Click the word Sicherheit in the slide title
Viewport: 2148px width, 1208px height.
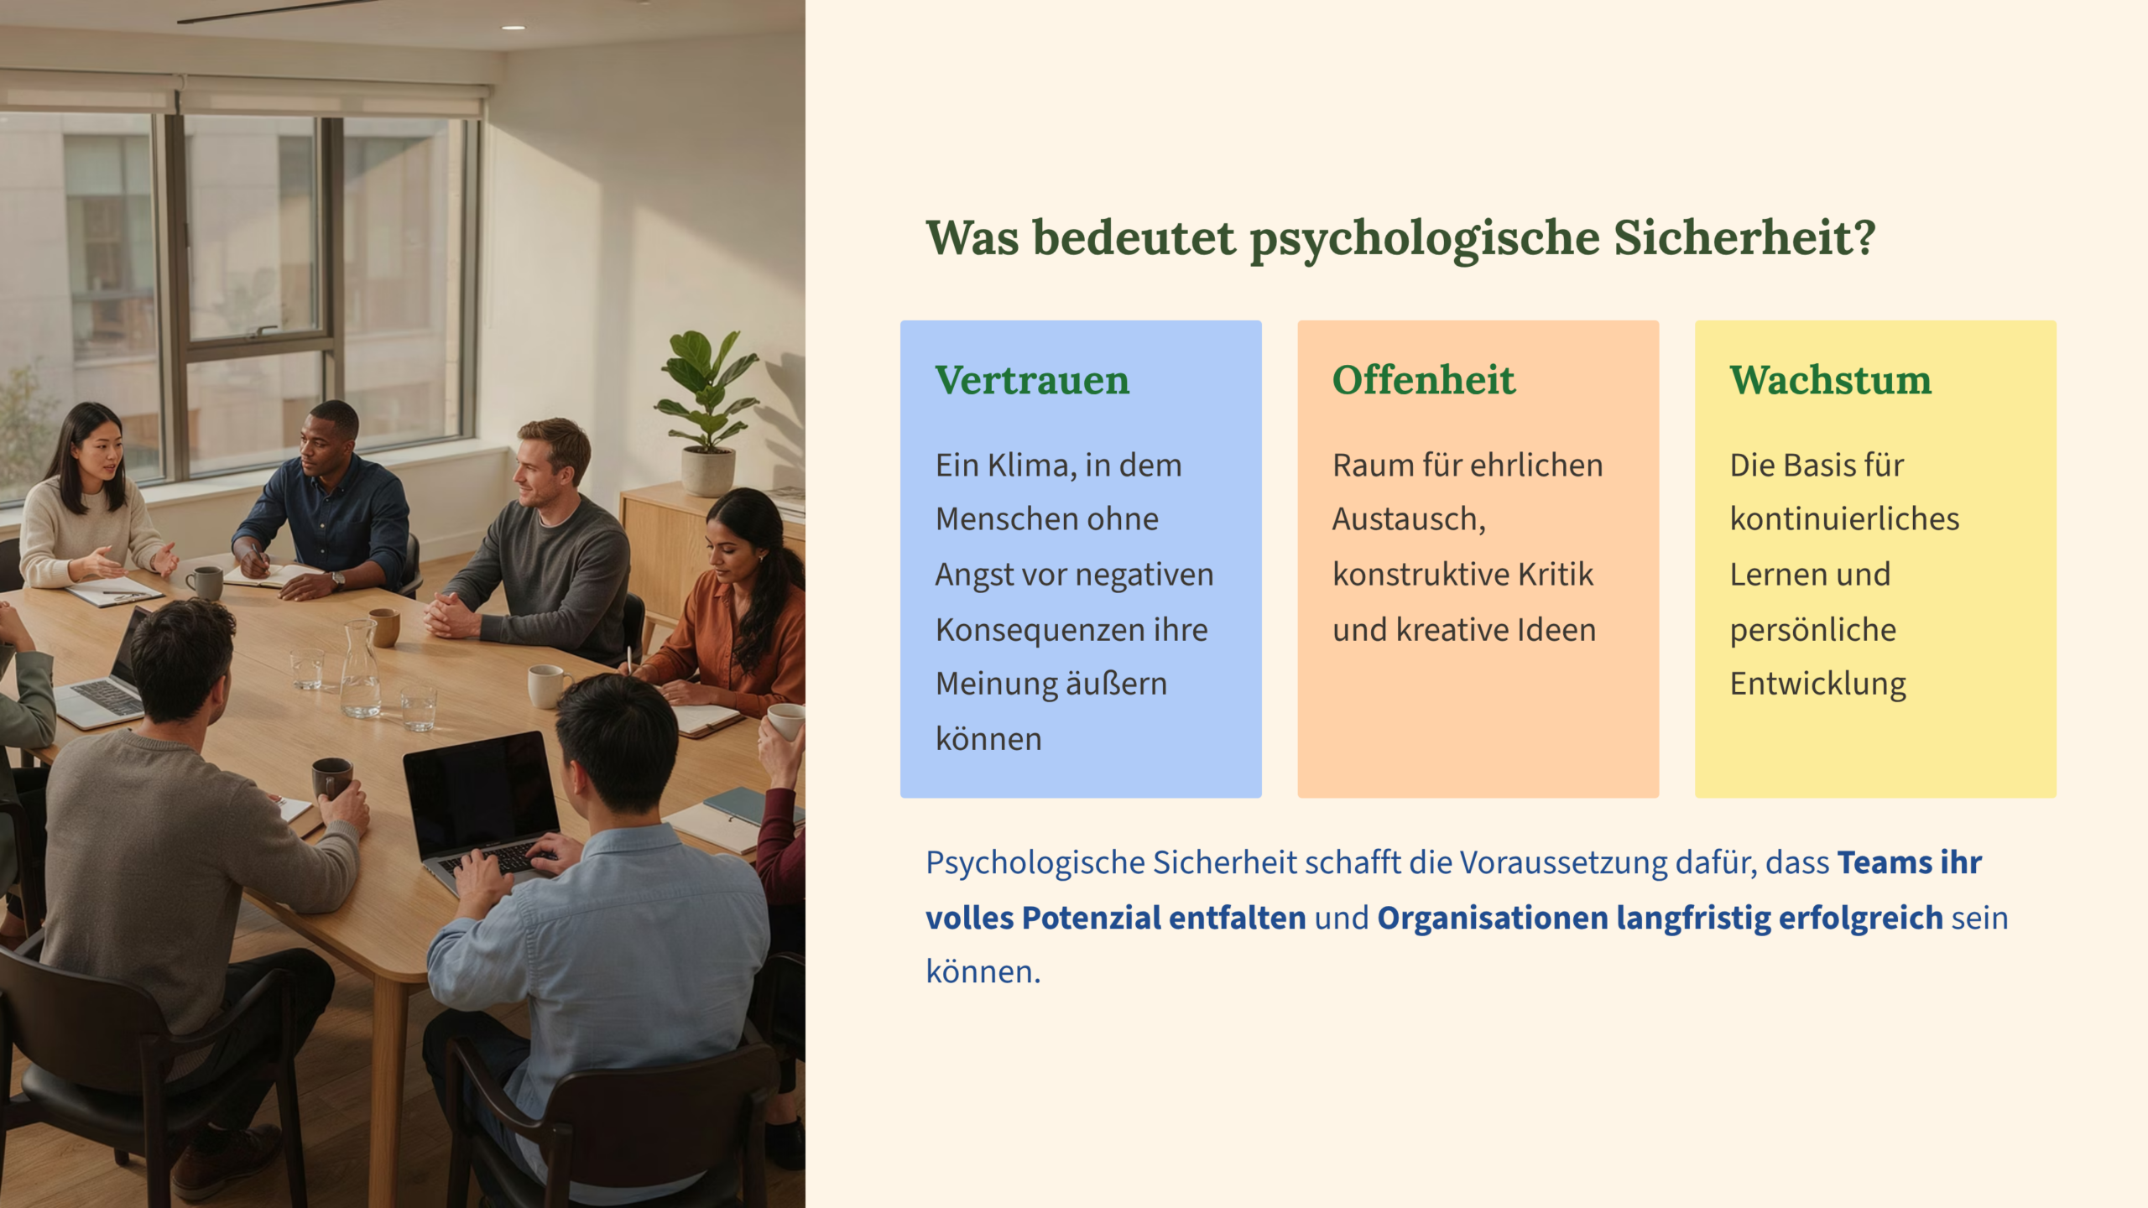point(1745,238)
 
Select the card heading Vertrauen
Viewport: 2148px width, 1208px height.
point(1032,380)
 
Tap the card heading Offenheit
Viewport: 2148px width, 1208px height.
point(1424,380)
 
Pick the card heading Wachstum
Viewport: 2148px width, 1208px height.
point(1830,380)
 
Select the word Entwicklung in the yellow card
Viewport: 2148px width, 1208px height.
point(1817,685)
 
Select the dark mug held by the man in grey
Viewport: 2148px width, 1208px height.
point(332,778)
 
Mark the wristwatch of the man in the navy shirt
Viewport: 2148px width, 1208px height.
point(337,579)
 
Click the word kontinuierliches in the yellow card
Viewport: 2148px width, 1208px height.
point(1844,519)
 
